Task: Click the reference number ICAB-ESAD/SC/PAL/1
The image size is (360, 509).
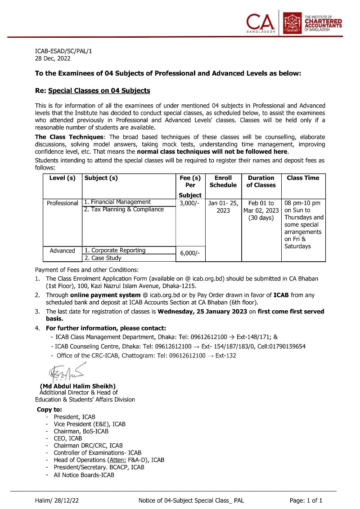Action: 63,51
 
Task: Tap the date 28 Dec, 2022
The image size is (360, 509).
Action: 53,58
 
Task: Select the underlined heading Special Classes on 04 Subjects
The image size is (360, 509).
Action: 99,91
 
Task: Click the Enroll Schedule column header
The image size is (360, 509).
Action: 223,182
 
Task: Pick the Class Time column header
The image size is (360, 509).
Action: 303,178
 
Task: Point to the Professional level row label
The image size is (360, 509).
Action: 63,203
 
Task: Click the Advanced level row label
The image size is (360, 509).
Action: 63,250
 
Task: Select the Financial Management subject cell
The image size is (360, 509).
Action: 117,202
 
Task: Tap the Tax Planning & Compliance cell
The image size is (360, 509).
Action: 124,209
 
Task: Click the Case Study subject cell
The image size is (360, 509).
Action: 103,258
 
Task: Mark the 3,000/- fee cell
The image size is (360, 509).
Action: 189,202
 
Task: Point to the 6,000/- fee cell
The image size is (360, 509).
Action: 189,254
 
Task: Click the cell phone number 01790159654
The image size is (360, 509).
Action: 285,346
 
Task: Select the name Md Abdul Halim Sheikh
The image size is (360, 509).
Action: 78,386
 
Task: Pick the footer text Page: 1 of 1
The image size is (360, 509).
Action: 306,500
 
